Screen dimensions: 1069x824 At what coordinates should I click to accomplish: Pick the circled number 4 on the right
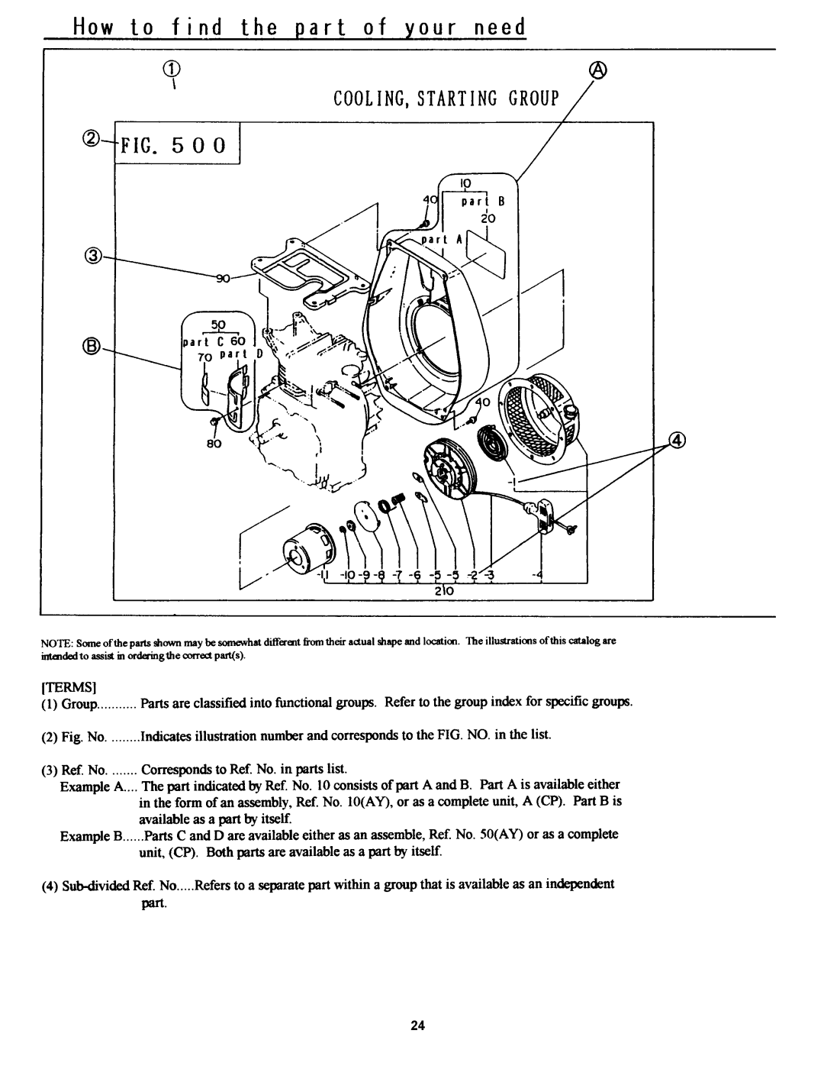[x=677, y=439]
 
